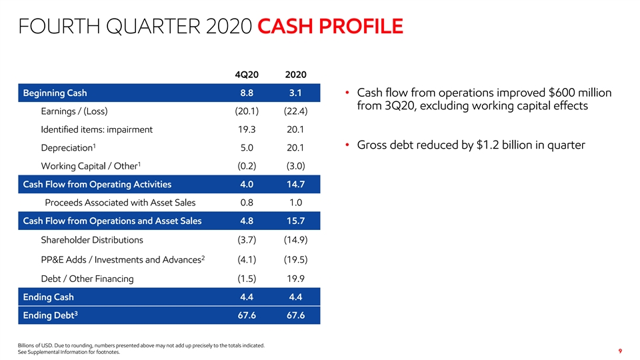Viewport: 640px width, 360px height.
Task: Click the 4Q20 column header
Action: click(x=247, y=75)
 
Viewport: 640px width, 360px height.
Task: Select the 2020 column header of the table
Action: click(x=295, y=75)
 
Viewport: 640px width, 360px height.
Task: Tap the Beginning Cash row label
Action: click(x=55, y=93)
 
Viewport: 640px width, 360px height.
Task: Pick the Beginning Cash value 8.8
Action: click(x=247, y=93)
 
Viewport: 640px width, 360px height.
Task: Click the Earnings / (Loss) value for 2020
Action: click(x=295, y=111)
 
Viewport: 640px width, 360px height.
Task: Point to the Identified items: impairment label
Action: click(x=97, y=130)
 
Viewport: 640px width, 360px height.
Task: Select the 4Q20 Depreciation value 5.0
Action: click(x=247, y=148)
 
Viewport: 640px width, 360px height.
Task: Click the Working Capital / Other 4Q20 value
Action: click(x=247, y=166)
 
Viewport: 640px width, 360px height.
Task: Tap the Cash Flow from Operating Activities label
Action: click(x=97, y=185)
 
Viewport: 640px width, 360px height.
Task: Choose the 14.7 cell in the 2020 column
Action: click(x=295, y=185)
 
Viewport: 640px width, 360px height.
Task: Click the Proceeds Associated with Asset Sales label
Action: click(x=120, y=203)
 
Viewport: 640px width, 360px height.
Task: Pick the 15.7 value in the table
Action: click(x=295, y=221)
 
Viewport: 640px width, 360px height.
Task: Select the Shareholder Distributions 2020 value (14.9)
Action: click(x=295, y=240)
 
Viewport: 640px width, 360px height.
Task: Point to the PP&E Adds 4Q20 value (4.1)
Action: click(x=247, y=259)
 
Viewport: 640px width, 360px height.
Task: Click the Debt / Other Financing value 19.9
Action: click(x=295, y=279)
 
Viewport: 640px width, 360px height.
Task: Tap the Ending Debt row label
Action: click(x=50, y=315)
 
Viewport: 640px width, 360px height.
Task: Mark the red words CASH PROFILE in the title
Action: click(x=330, y=26)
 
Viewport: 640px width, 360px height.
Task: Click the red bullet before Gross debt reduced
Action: click(x=347, y=145)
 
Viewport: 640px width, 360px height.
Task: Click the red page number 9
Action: click(x=620, y=351)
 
